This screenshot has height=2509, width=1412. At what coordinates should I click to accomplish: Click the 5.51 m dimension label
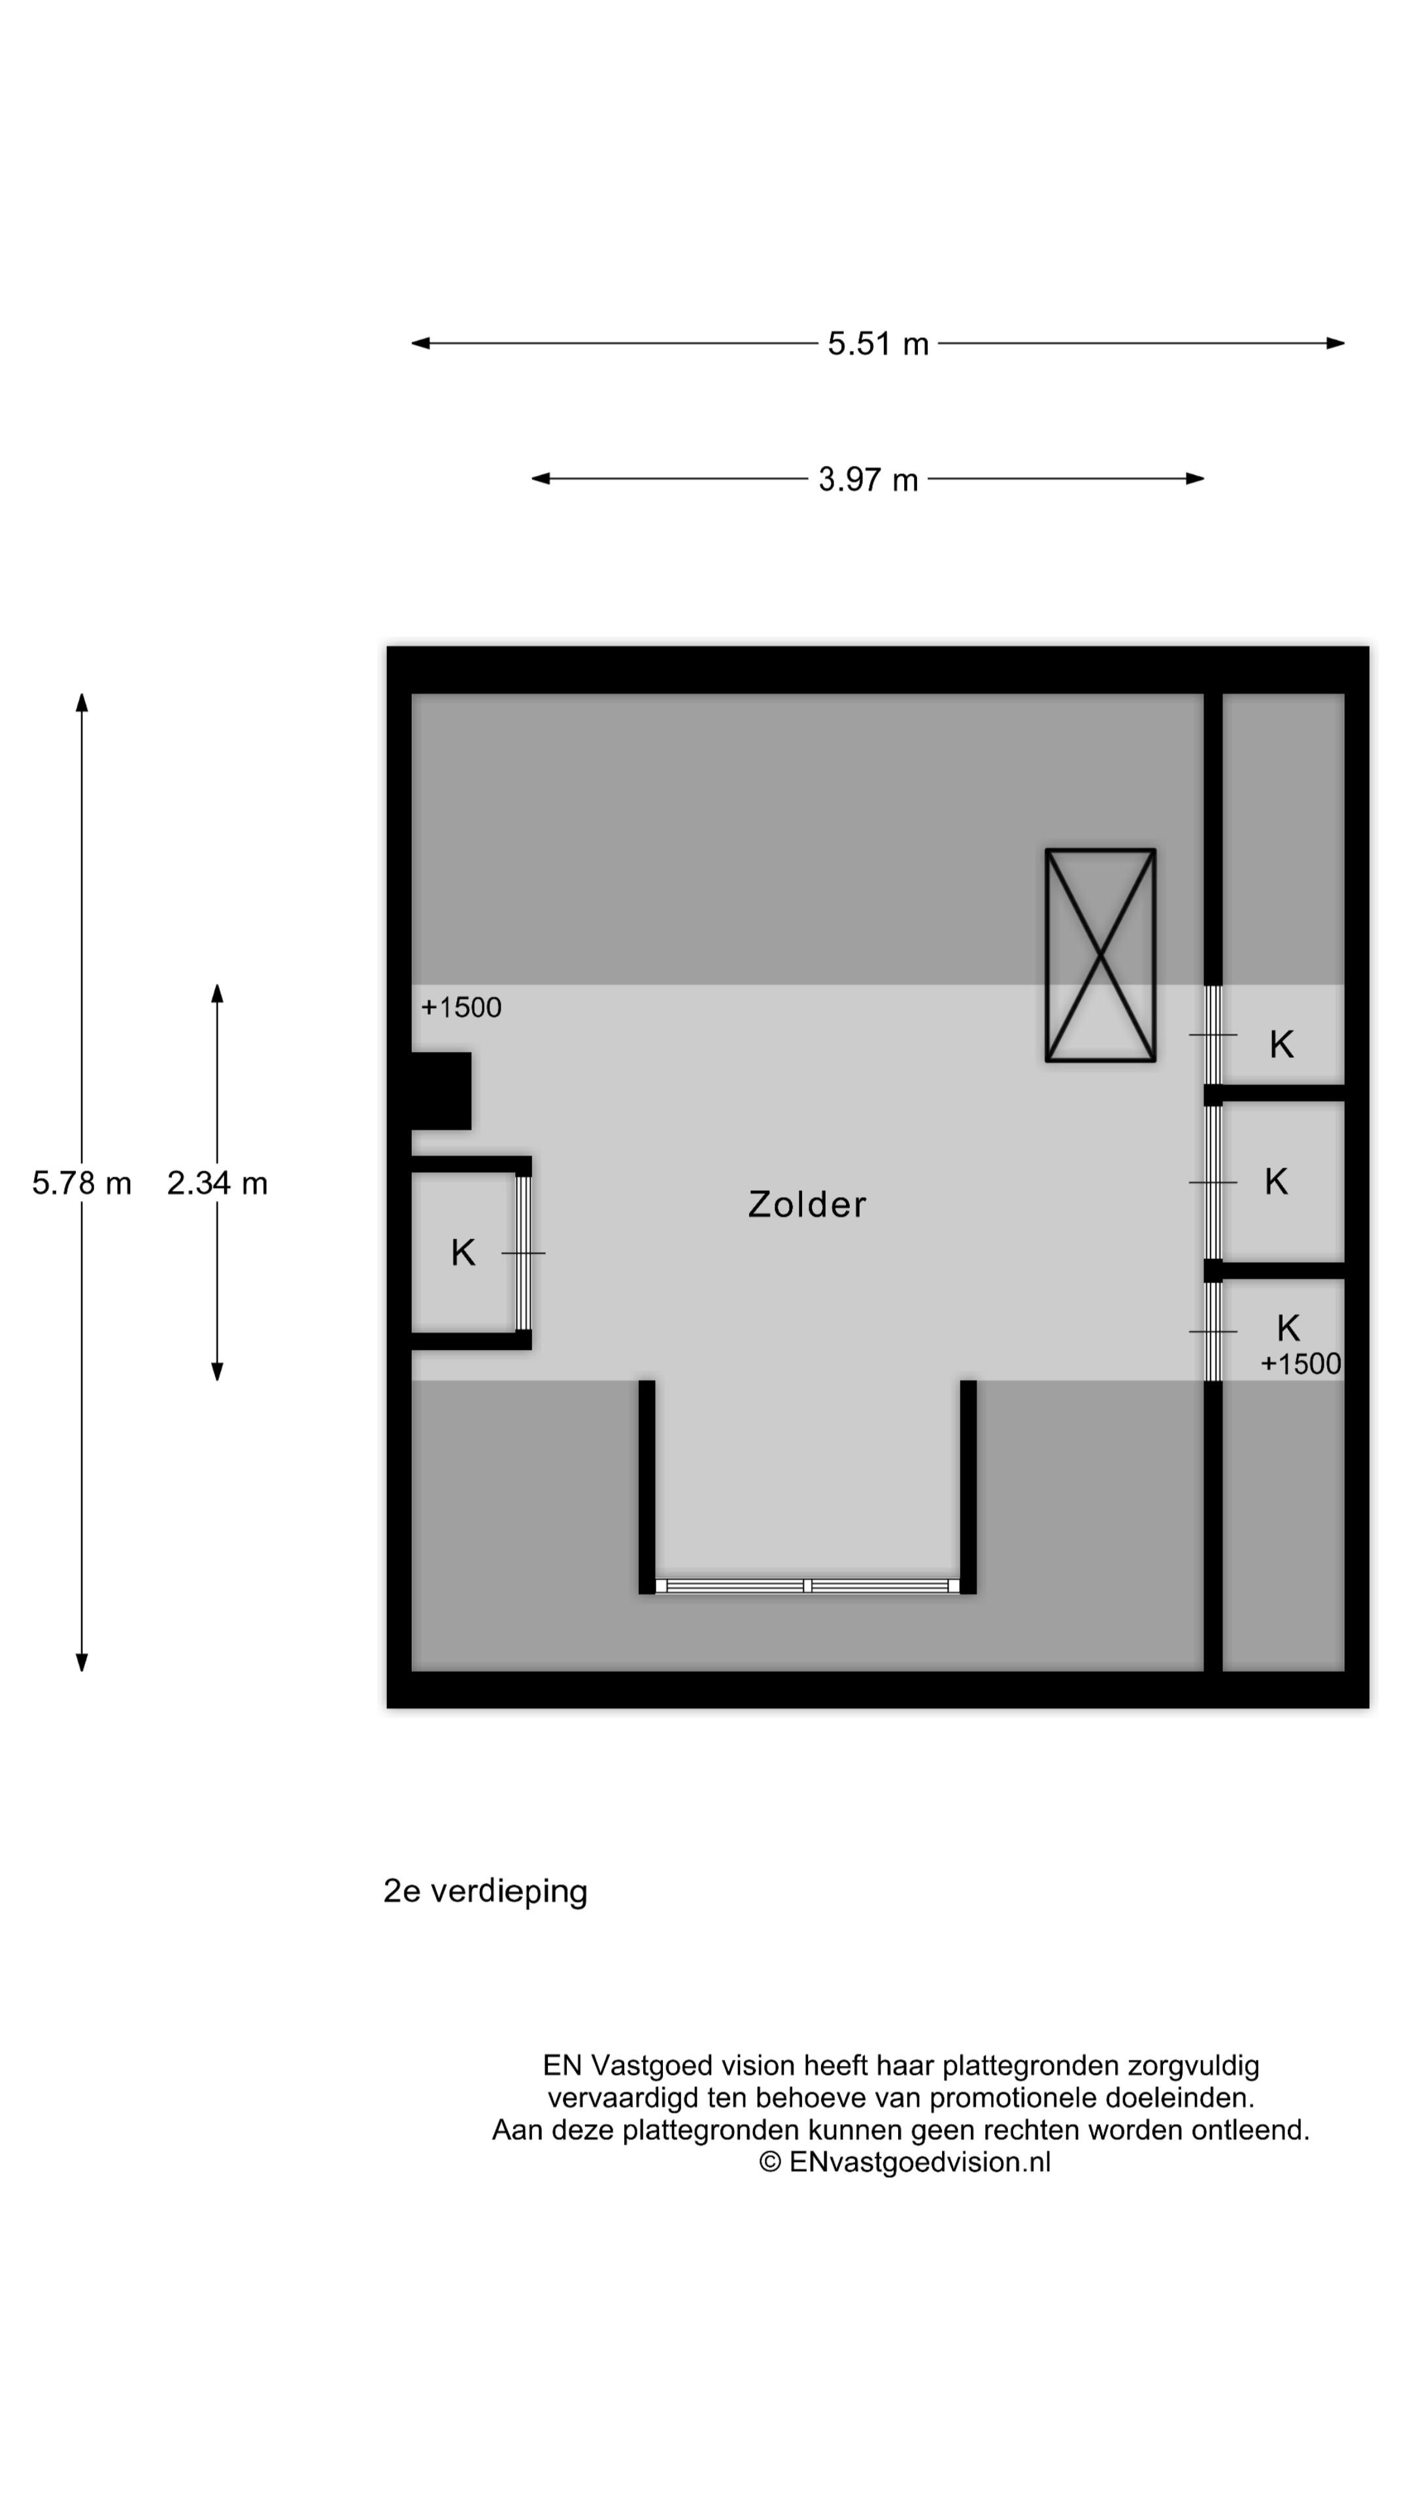pos(877,344)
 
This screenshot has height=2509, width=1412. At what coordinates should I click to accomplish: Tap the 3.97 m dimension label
pos(867,479)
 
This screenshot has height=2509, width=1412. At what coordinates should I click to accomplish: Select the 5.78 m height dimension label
pos(82,1183)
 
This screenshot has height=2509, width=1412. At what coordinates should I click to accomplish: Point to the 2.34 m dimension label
pos(217,1183)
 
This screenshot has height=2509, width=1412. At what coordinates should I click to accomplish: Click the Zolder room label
pos(807,1205)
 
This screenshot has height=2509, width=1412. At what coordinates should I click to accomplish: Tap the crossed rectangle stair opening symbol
pos(1100,955)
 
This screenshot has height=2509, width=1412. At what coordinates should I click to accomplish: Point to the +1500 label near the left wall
pos(461,1007)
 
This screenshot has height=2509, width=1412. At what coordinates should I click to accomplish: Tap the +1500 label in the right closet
pos(1300,1364)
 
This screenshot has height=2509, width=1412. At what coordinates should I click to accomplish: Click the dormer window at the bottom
pos(807,1586)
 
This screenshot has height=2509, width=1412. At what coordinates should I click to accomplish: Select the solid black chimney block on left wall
pos(441,1091)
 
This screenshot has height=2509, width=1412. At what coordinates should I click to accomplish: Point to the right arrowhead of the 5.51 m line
pos(1337,343)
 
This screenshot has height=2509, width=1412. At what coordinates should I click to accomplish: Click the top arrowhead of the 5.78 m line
pos(82,701)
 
